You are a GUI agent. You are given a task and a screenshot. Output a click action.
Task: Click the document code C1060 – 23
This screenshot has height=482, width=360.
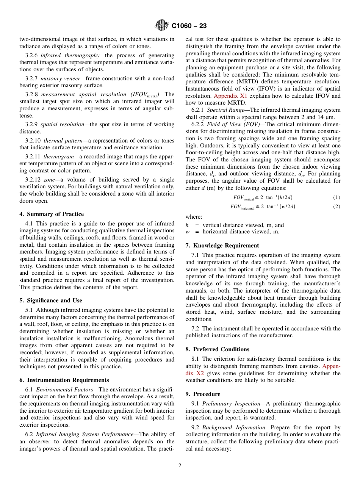[189, 26]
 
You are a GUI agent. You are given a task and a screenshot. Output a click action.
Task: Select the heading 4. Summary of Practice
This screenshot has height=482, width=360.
[52, 214]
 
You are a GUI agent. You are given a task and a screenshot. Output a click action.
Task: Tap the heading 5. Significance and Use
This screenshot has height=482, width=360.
[50, 300]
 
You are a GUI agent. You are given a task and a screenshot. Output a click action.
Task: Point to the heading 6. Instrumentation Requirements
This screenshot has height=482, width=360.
[64, 380]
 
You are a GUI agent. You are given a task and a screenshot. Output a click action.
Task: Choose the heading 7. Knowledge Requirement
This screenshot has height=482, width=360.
[222, 246]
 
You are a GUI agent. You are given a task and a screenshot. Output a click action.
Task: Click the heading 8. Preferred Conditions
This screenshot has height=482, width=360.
[218, 349]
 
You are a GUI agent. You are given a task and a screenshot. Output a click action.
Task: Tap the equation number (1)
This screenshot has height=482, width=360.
[337, 197]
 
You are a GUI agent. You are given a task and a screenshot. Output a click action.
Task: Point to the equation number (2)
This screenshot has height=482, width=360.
[337, 207]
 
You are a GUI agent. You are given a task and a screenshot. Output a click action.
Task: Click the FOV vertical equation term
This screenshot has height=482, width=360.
[243, 198]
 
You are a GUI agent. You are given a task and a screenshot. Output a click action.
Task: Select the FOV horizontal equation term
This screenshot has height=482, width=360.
[243, 207]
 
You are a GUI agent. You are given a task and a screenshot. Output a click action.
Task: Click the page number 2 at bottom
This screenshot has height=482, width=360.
[180, 466]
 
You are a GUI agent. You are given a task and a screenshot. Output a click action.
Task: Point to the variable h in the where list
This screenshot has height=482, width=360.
[187, 225]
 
